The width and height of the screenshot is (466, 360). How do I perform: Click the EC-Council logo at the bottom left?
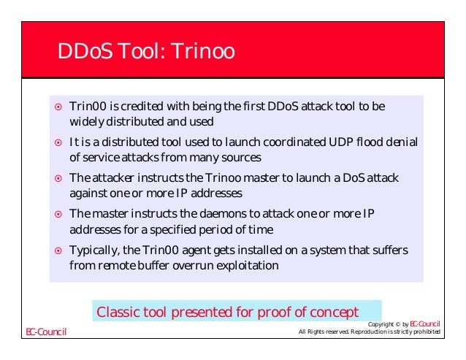pos(46,332)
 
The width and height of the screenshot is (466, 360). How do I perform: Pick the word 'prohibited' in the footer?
pos(424,333)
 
